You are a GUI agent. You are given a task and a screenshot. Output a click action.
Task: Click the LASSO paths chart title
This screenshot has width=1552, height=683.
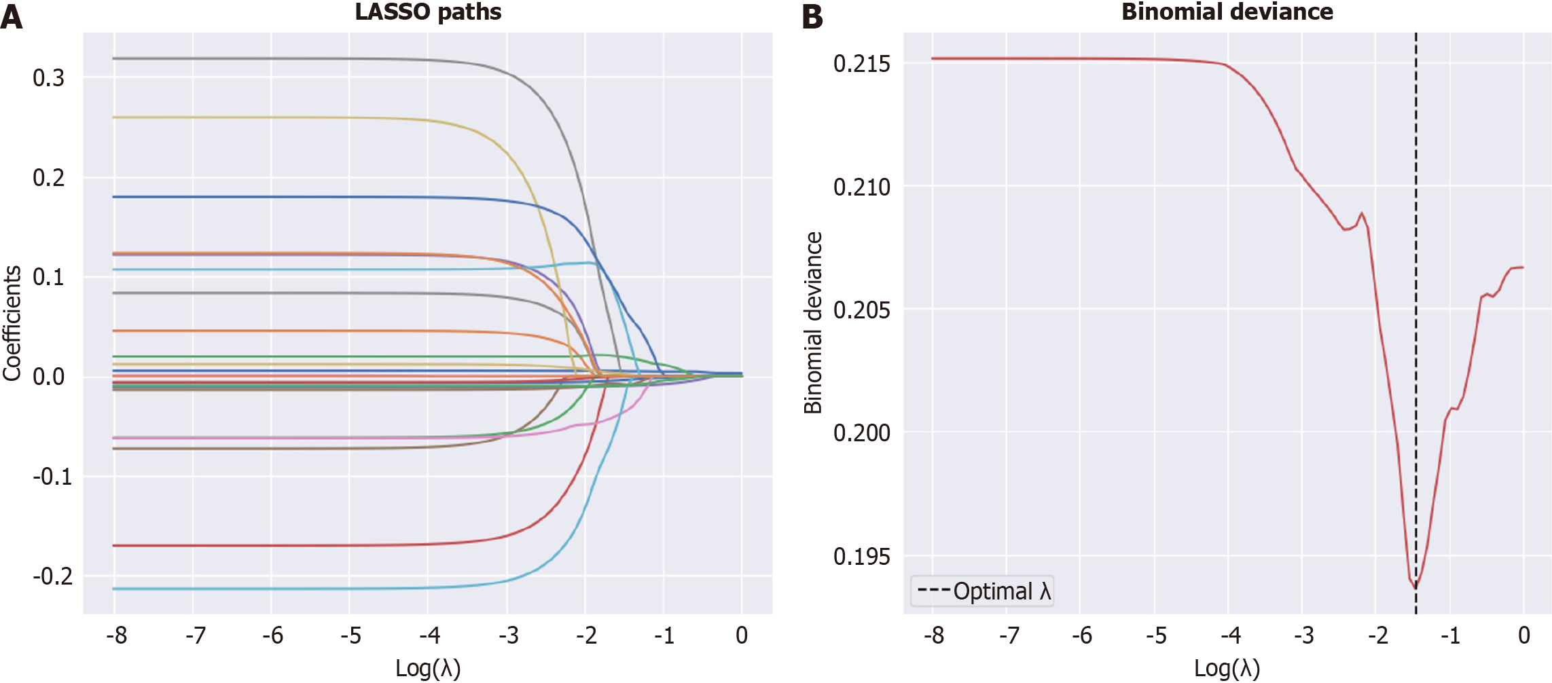pos(428,12)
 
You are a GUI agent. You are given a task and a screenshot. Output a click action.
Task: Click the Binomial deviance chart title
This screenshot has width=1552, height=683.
pos(1227,12)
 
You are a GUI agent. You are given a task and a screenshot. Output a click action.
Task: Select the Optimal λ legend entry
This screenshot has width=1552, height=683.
pos(983,591)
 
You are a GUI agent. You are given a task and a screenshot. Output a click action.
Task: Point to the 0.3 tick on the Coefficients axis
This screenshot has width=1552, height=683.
pos(49,78)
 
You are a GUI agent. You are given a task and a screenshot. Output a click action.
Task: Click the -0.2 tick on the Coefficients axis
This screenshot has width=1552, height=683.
pos(53,576)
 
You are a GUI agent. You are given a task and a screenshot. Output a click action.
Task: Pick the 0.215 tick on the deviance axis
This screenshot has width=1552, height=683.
pos(861,64)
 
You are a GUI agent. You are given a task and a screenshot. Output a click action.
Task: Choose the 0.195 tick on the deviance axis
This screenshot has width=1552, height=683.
pos(861,557)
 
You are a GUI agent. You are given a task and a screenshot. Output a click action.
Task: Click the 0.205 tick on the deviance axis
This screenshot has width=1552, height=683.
pos(861,310)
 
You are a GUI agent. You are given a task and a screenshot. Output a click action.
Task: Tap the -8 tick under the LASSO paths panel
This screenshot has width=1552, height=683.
pos(117,635)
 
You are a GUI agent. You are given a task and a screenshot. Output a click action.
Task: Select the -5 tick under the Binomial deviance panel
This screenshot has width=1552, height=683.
pos(1156,635)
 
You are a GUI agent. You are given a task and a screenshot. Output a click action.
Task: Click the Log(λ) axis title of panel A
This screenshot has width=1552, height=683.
pos(428,668)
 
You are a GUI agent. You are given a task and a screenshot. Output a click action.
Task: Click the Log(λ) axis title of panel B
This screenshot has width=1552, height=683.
pos(1227,668)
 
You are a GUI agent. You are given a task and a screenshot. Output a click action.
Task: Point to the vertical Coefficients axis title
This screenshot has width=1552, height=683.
pos(12,323)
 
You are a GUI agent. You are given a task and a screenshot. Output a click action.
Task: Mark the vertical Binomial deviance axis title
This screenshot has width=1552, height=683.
pos(813,323)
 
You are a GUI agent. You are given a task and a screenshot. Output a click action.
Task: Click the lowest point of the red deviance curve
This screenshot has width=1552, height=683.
pos(1415,587)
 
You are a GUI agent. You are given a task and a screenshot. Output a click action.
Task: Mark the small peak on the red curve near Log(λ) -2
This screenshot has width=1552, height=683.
pos(1362,214)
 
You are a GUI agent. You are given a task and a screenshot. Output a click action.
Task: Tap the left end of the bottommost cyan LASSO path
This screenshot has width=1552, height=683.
pos(114,589)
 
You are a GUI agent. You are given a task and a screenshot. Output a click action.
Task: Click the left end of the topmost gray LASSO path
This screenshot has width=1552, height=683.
pos(114,58)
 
